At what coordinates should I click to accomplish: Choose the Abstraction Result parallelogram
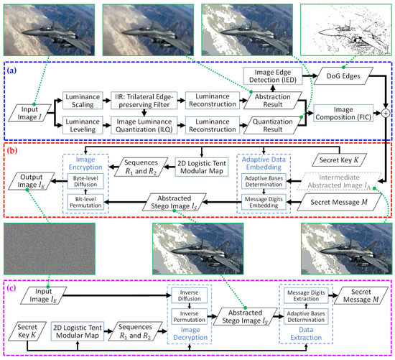274,101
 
